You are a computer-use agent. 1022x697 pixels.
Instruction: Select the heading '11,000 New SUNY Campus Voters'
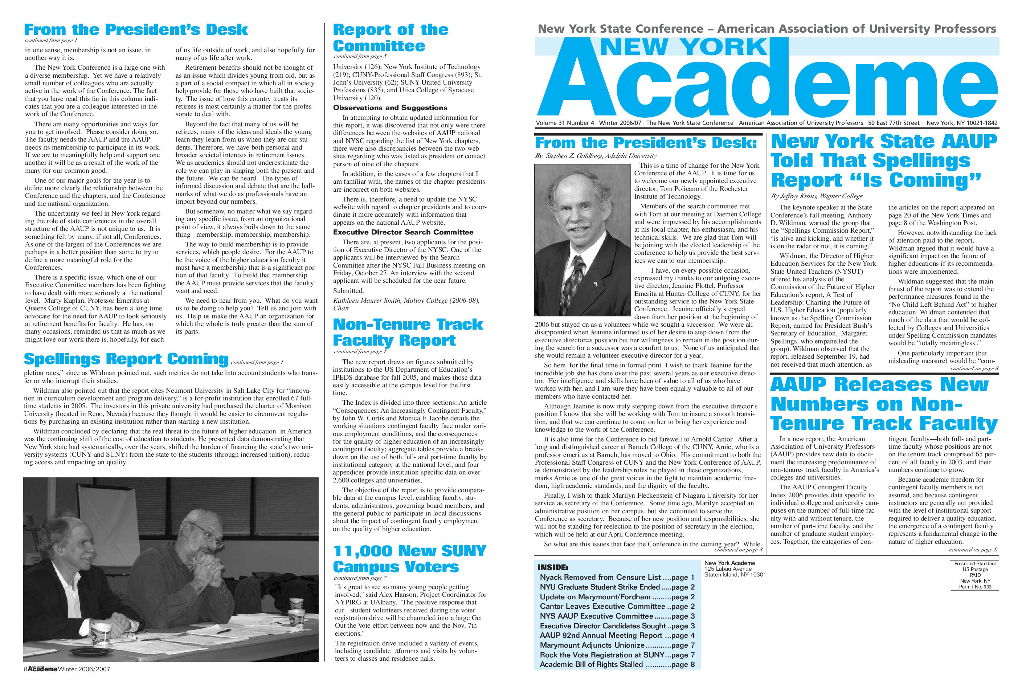pos(409,558)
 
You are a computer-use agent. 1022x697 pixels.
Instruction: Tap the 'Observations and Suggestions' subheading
pos(390,108)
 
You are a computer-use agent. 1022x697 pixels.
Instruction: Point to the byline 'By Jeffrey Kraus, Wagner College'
pos(817,196)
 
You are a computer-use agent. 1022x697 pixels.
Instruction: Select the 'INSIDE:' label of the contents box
pos(553,567)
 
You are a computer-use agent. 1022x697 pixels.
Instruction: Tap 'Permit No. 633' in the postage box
pos(976,587)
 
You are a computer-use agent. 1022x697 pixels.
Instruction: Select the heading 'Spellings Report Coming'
pos(126,359)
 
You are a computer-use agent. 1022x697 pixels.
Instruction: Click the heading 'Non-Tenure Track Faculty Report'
pos(408,333)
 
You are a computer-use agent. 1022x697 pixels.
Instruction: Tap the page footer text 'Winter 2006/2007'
pos(84,681)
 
